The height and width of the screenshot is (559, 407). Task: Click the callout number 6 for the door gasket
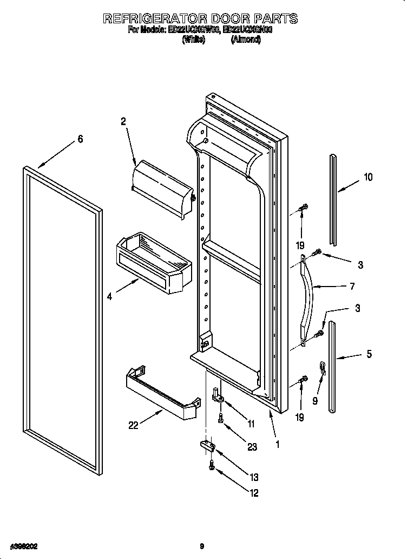tap(80, 139)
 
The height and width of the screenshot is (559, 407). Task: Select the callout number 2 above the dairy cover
tap(123, 122)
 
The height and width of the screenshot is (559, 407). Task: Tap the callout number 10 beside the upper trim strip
tap(368, 177)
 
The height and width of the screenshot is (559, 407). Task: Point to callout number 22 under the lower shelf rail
tap(133, 426)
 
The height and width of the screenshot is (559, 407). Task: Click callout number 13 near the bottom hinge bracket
tap(254, 477)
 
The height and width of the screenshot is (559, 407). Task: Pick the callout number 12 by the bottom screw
tap(254, 492)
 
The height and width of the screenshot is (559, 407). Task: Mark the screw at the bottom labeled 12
tap(212, 465)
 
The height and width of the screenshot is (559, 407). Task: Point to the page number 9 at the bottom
tap(201, 546)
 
